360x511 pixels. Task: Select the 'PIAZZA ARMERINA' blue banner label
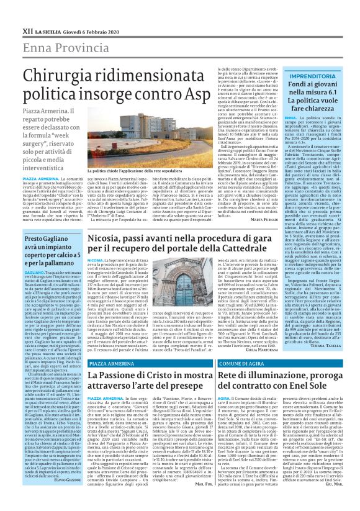[x=112, y=363]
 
